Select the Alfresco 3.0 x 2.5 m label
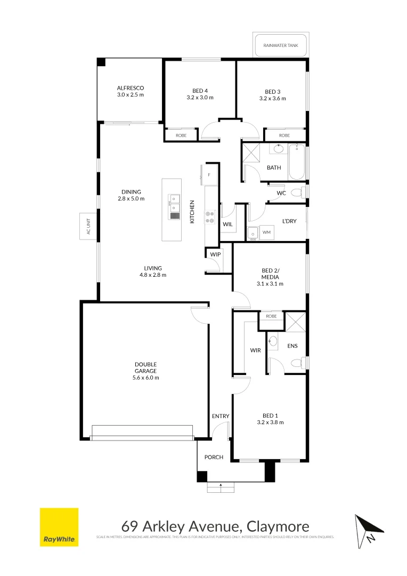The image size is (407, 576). pyautogui.click(x=131, y=91)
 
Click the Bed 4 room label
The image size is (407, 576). pyautogui.click(x=200, y=91)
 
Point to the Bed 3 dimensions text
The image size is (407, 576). pyautogui.click(x=272, y=98)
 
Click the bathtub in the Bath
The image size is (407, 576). pyautogui.click(x=297, y=162)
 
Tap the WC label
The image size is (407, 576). pyautogui.click(x=281, y=193)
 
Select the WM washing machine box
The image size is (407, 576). pyautogui.click(x=266, y=233)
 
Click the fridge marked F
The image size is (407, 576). pyautogui.click(x=209, y=175)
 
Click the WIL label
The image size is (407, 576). pyautogui.click(x=227, y=225)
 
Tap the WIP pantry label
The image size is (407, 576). pyautogui.click(x=215, y=254)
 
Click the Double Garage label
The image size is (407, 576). pyautogui.click(x=145, y=371)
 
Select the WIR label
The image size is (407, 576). pyautogui.click(x=255, y=350)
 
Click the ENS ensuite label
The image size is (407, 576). pyautogui.click(x=292, y=346)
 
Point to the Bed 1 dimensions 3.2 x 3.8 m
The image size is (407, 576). pyautogui.click(x=270, y=422)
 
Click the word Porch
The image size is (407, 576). pyautogui.click(x=214, y=457)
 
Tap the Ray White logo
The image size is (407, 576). pyautogui.click(x=59, y=527)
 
